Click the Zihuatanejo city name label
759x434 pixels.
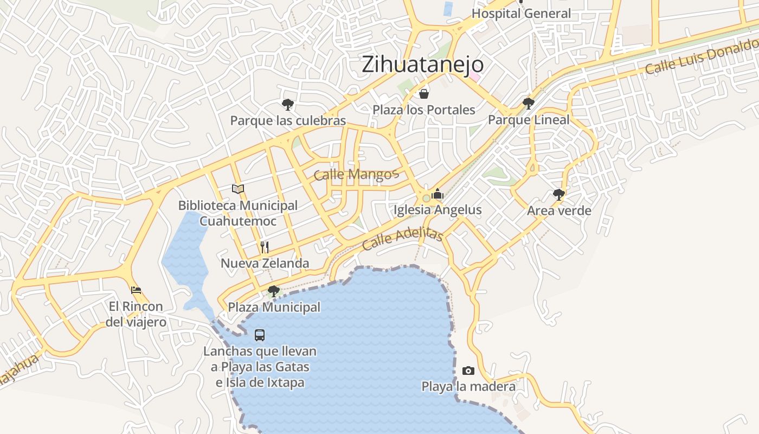pyautogui.click(x=422, y=65)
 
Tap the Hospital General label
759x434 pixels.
pyautogui.click(x=521, y=14)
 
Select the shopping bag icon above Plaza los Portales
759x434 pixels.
pyautogui.click(x=424, y=94)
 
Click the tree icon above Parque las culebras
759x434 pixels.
pyautogui.click(x=288, y=105)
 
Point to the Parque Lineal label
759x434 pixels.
pyautogui.click(x=529, y=120)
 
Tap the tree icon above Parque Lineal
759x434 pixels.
pyautogui.click(x=529, y=104)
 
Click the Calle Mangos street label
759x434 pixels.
pyautogui.click(x=356, y=175)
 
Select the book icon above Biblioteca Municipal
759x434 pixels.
pyautogui.click(x=238, y=189)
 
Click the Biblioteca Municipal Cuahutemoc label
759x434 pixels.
pyautogui.click(x=238, y=213)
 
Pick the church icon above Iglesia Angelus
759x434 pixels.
pyautogui.click(x=438, y=194)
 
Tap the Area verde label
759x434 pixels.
pyautogui.click(x=559, y=210)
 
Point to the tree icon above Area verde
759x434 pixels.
pyautogui.click(x=559, y=195)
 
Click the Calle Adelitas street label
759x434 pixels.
pyautogui.click(x=403, y=238)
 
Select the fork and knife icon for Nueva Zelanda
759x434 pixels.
pyautogui.click(x=265, y=247)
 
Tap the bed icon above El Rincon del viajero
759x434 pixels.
pyautogui.click(x=136, y=290)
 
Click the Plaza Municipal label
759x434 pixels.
pyautogui.click(x=274, y=307)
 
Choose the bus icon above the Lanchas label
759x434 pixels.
pyautogui.click(x=260, y=335)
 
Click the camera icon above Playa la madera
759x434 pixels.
pyautogui.click(x=468, y=371)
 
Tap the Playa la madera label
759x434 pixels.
pyautogui.click(x=468, y=387)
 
